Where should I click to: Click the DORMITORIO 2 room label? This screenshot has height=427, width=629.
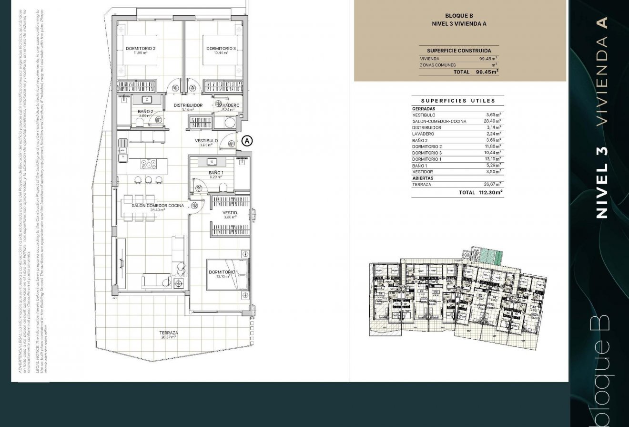point(141,49)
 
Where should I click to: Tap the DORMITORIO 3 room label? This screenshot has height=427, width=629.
point(221,49)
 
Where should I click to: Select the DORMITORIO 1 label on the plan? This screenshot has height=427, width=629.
point(223,272)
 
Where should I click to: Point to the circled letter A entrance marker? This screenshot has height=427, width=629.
point(247,141)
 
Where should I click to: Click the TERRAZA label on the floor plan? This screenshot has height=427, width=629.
point(169,333)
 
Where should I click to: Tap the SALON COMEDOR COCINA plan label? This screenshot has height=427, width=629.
point(158,206)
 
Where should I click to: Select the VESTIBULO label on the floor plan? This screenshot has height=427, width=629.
point(206,141)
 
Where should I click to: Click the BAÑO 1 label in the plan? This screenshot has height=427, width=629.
point(216,173)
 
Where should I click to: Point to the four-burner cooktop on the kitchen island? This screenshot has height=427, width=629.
point(149,164)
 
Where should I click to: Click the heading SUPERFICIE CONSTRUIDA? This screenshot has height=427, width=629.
point(458,51)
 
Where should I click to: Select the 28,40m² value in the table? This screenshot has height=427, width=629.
point(493,121)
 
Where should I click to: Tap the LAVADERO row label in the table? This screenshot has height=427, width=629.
point(424,134)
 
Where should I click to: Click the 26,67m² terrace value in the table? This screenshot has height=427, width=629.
point(493,184)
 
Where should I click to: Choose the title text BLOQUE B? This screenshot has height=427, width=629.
point(458,16)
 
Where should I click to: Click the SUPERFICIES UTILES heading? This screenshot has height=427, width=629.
point(458,101)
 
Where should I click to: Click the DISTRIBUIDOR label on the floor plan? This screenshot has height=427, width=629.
point(188,105)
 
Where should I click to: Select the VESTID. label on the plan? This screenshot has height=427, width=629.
point(230,213)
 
